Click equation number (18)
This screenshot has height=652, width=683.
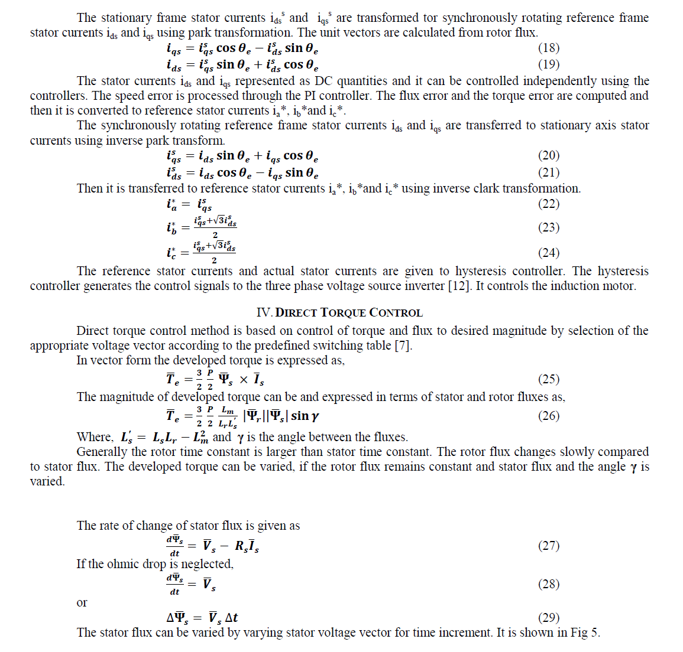point(548,48)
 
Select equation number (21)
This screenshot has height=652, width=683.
point(548,172)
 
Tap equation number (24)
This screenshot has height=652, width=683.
point(548,253)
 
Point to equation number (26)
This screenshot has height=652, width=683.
point(548,416)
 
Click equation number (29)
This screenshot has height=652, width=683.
point(548,618)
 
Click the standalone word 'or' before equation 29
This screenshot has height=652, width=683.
point(82,602)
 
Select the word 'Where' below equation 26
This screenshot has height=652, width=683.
point(94,437)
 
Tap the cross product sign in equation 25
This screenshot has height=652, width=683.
point(244,380)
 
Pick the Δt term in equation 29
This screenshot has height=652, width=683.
point(231,618)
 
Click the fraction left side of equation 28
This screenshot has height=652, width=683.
point(174,584)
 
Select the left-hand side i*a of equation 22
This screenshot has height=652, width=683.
point(171,204)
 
